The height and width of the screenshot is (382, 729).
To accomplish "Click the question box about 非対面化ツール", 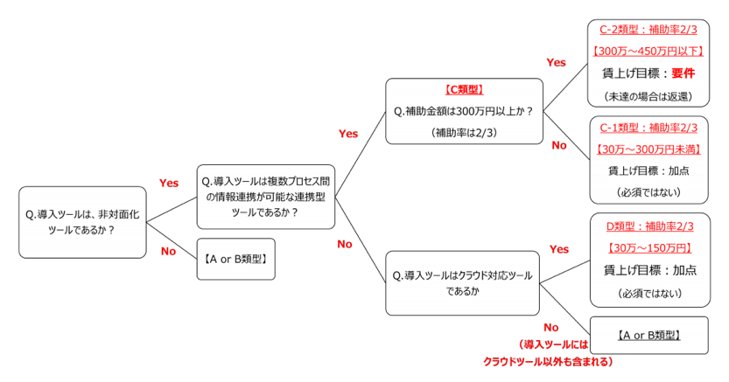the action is coord(82,222).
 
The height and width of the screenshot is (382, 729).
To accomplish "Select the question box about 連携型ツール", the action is coord(265,197).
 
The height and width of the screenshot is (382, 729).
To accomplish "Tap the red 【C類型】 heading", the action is coord(464,89).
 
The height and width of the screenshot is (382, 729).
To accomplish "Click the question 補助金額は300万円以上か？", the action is coord(464,111).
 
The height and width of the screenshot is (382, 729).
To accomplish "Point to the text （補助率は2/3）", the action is coord(464,133).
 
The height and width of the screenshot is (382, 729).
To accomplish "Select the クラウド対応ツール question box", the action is coord(462,283).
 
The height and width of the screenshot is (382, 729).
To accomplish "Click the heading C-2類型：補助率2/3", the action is coord(648,30).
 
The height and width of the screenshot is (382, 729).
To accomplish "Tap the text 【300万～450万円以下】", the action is coord(648,51).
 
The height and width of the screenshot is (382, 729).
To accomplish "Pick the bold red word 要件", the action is coord(683,73).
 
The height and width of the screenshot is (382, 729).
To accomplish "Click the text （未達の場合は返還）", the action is coord(648,96).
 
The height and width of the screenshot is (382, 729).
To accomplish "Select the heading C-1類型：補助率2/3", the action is coord(648,128).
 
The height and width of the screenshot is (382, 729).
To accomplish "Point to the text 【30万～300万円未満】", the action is coord(648,149).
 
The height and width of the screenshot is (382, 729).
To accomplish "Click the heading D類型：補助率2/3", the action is coord(649,226).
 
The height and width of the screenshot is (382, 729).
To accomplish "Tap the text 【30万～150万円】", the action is coord(649,248).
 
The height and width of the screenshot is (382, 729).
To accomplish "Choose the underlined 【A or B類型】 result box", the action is coord(649,335).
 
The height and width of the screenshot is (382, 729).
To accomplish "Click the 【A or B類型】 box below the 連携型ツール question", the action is coord(235,259).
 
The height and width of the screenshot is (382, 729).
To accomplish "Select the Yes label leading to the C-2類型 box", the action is coord(556,63).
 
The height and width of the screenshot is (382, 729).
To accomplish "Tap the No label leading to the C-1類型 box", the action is coord(559,145).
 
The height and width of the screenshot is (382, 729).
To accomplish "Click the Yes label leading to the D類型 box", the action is coord(559,249).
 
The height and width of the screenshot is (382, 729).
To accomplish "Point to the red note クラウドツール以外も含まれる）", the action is coord(548,362).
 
